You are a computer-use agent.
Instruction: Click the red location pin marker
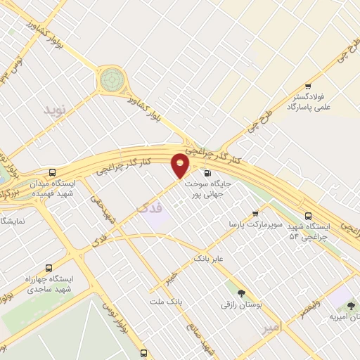pyautogui.click(x=181, y=165)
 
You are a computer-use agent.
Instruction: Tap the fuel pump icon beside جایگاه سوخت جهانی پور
pyautogui.click(x=206, y=173)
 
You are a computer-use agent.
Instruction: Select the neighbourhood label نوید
pyautogui.click(x=53, y=109)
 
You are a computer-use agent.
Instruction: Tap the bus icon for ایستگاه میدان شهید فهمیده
pyautogui.click(x=53, y=172)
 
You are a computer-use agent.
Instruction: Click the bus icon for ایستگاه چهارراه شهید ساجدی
pyautogui.click(x=49, y=268)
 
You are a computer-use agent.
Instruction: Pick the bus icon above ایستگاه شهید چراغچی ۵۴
pyautogui.click(x=308, y=217)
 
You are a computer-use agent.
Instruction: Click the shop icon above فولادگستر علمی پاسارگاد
pyautogui.click(x=308, y=86)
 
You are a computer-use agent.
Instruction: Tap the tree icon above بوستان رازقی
pyautogui.click(x=241, y=293)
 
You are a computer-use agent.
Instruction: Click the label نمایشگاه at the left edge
pyautogui.click(x=12, y=220)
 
